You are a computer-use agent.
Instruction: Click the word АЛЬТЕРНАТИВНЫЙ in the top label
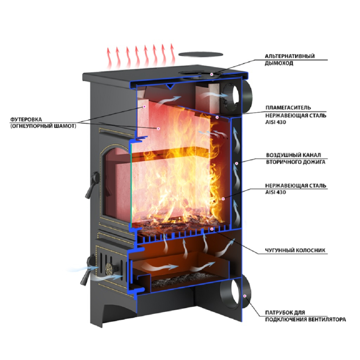tap(289, 56)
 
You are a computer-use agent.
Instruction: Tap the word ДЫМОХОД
tap(279, 63)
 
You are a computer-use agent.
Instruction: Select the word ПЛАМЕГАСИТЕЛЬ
tap(288, 108)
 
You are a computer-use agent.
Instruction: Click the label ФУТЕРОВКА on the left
tap(26, 119)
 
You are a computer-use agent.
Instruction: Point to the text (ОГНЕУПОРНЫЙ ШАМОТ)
tap(43, 126)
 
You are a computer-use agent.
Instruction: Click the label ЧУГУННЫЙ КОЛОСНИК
tap(295, 250)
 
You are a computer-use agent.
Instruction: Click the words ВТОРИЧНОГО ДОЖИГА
tap(296, 162)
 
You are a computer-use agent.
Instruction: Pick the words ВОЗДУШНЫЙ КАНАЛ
tap(293, 155)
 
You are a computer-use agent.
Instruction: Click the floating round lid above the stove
tap(201, 54)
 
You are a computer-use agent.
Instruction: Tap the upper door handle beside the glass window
tap(92, 185)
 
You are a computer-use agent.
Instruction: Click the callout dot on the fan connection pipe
tap(245, 296)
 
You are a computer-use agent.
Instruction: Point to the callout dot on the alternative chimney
tap(212, 74)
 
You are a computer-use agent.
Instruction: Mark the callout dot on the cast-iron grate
tap(212, 229)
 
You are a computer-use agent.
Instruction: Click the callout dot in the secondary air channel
tap(236, 163)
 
